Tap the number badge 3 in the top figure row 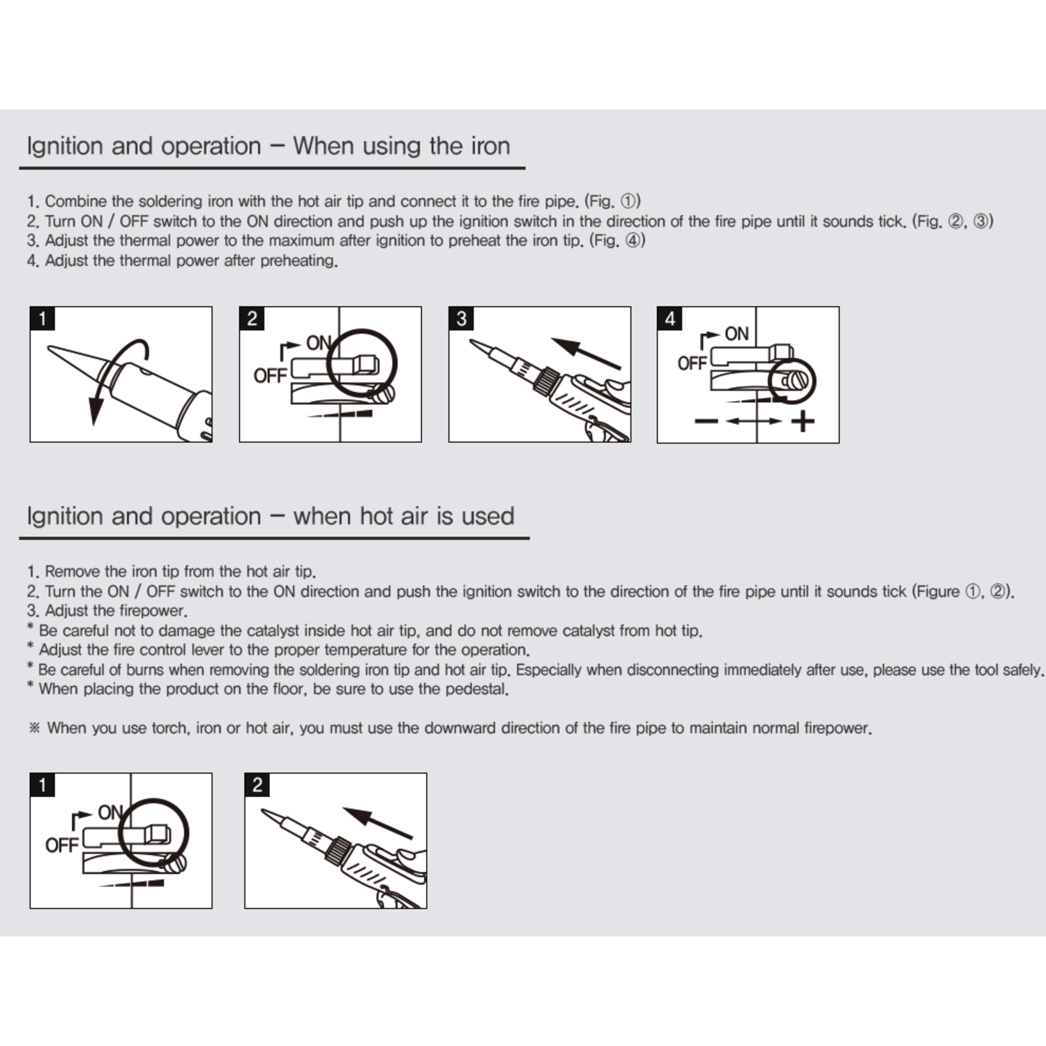coord(461,319)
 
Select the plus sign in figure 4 coord(803,421)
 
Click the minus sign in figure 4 coord(706,421)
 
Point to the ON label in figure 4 coord(736,334)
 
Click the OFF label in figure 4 coord(692,363)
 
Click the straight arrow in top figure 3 coord(585,353)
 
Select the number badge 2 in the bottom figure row coord(257,785)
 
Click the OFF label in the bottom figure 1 coord(61,845)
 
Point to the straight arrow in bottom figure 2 coord(377,822)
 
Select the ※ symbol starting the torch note coord(34,728)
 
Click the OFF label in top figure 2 coord(270,376)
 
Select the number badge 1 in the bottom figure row coord(43,785)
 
